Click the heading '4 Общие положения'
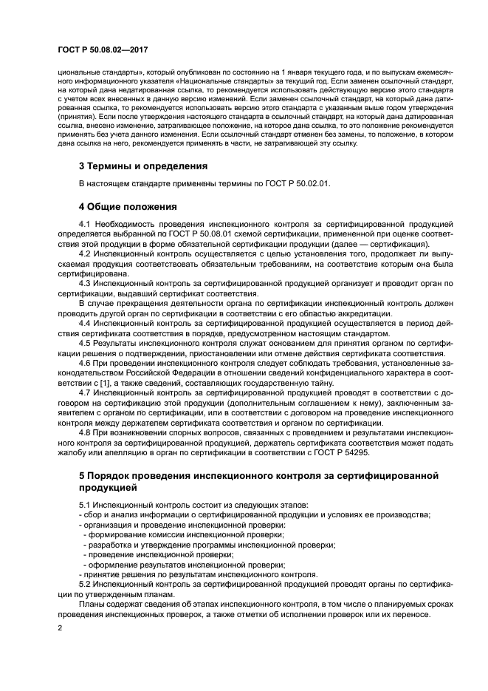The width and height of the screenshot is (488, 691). (x=128, y=205)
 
